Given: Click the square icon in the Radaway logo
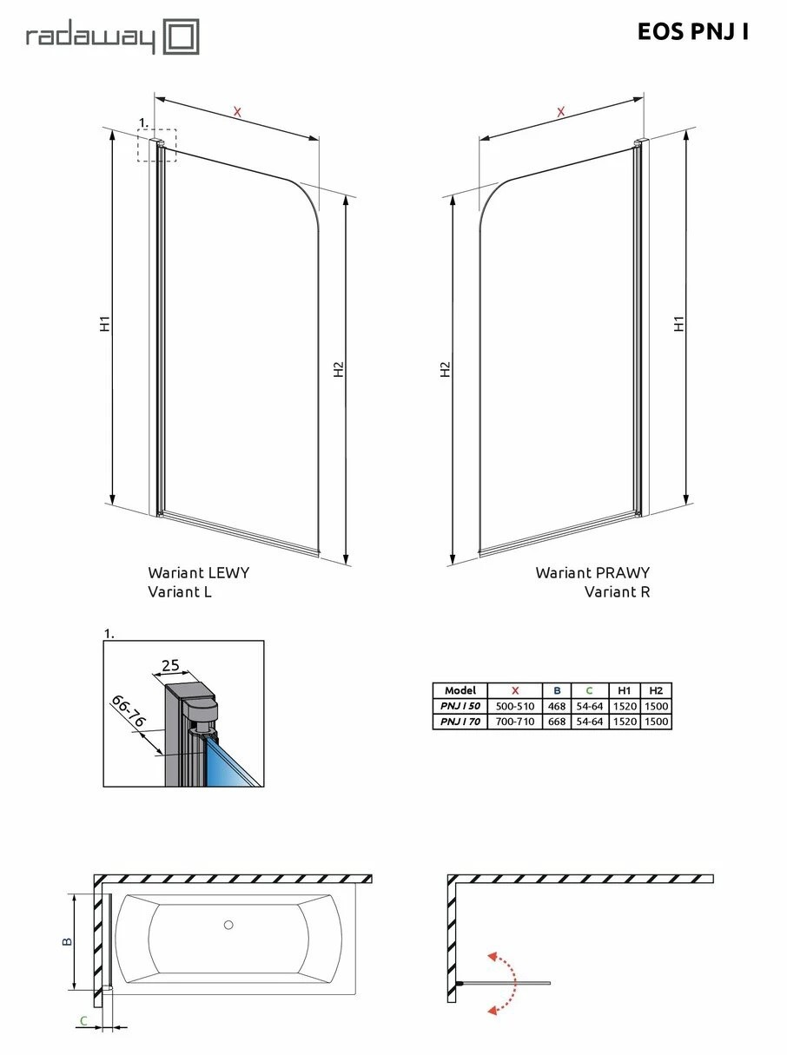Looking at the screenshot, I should click(182, 38).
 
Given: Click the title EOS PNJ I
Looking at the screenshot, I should click(692, 32).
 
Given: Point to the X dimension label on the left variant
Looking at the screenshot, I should click(237, 111).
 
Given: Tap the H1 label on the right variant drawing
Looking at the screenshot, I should click(679, 322).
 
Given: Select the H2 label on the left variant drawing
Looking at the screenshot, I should click(339, 369).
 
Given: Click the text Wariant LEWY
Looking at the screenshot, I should click(198, 572).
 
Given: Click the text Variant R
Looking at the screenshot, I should click(617, 592).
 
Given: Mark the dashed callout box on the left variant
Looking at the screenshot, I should click(156, 145).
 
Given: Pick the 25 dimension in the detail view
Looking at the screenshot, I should click(170, 666).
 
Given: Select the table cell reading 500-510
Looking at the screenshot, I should click(514, 706).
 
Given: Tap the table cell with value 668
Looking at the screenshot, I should click(556, 721).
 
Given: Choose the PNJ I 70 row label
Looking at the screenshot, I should click(460, 721).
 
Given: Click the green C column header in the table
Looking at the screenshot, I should click(589, 690).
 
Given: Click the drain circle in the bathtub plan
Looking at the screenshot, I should click(228, 925).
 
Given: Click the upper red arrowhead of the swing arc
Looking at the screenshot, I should click(493, 957).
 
